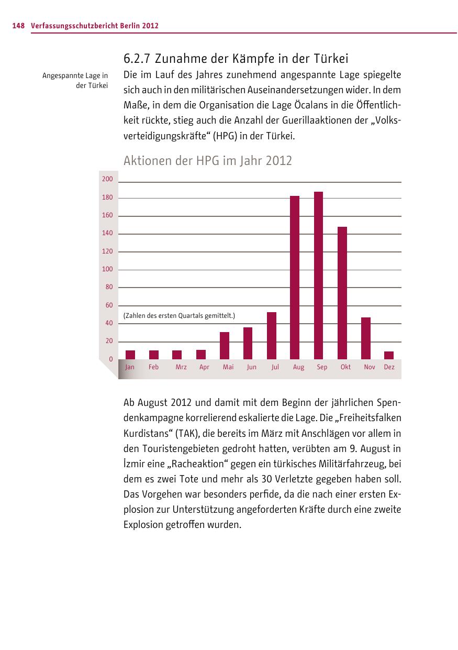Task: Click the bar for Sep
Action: point(318,276)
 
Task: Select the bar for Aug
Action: point(295,278)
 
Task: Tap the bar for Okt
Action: point(342,293)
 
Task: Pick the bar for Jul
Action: point(271,336)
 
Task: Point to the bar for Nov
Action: point(366,338)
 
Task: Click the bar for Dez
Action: point(389,355)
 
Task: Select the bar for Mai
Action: point(225,346)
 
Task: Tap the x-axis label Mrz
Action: point(181,367)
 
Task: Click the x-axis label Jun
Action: point(252,367)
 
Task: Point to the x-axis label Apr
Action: point(204,367)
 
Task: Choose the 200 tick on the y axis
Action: point(107,179)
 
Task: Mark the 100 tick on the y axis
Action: point(107,269)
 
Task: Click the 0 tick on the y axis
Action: point(110,359)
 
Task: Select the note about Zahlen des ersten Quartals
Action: point(179,315)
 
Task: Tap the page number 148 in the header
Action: point(18,25)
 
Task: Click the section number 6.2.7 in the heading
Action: point(137,58)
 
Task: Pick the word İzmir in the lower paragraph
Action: point(135,464)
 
